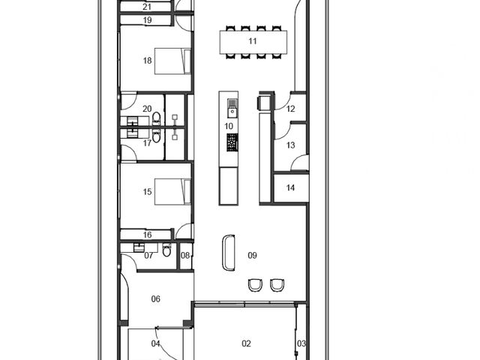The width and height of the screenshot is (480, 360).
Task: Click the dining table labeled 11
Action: (253, 42)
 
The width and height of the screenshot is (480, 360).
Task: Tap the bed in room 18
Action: (172, 61)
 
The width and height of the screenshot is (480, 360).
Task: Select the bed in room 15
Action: (172, 192)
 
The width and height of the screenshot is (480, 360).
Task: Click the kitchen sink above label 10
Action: (232, 108)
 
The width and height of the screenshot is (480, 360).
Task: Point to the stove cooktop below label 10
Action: (232, 142)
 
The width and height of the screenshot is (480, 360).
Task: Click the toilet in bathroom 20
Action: (156, 118)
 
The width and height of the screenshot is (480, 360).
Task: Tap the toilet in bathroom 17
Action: (156, 136)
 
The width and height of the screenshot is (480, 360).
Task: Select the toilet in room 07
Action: (166, 250)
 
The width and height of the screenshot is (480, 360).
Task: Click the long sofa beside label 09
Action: (228, 253)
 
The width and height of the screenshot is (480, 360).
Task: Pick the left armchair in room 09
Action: (255, 285)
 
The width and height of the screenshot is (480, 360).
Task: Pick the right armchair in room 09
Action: (277, 285)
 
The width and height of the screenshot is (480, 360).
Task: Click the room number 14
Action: (290, 187)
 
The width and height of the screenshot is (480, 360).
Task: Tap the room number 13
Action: (290, 145)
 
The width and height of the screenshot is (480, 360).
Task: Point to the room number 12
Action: (290, 109)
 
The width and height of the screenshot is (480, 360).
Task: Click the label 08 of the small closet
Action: (185, 255)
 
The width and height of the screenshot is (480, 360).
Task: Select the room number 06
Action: (156, 298)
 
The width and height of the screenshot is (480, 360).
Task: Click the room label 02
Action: (247, 343)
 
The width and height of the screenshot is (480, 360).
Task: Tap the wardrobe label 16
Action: (147, 235)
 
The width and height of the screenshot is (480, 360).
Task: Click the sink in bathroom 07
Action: (139, 247)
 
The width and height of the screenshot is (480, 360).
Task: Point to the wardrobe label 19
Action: (147, 20)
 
